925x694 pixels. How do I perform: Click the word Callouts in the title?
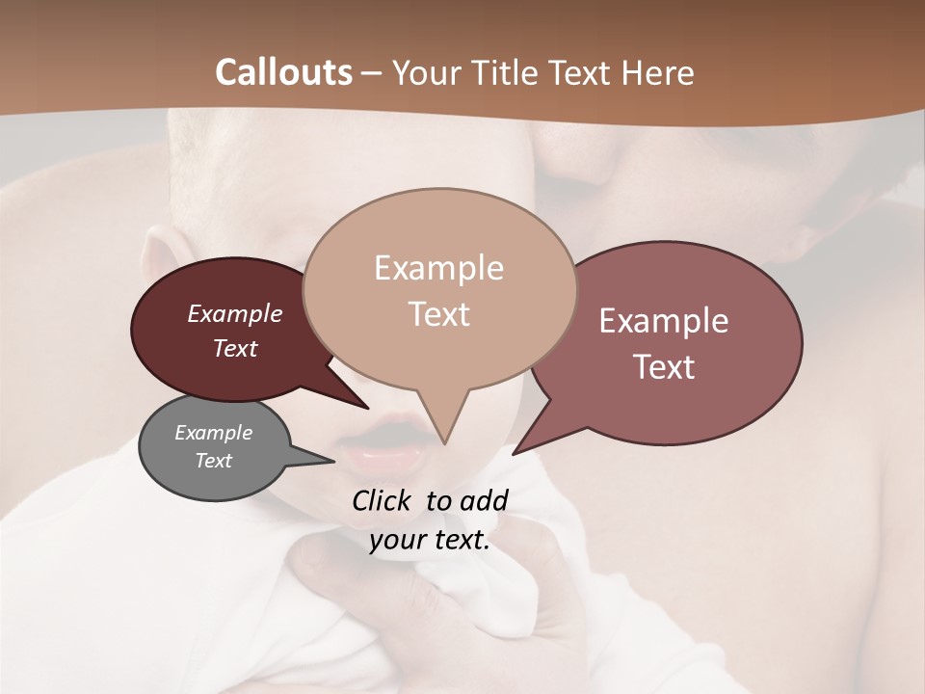tap(283, 72)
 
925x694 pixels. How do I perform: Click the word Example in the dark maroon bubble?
tap(234, 313)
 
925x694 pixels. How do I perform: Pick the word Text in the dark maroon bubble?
tap(234, 348)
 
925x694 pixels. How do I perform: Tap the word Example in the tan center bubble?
tap(438, 268)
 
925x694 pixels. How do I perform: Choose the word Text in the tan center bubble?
tap(438, 313)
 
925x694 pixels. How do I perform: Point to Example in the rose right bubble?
tap(664, 321)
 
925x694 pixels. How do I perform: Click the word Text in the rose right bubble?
tap(664, 366)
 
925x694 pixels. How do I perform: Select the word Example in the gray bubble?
tap(213, 433)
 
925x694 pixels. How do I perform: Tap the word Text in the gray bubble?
tap(213, 461)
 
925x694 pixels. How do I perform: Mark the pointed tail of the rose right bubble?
tap(516, 450)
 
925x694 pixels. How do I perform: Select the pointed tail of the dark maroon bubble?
tap(363, 405)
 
